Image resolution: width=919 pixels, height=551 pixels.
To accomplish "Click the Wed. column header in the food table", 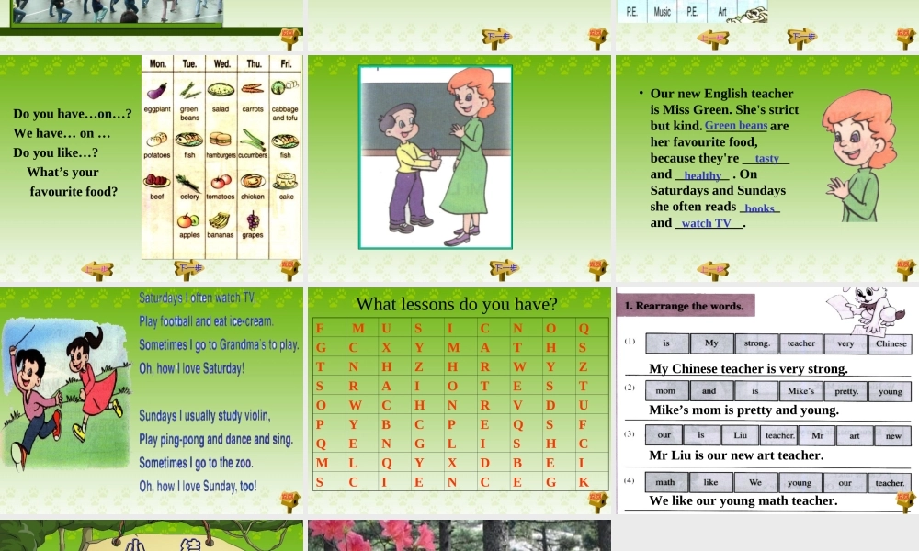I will tap(222, 64).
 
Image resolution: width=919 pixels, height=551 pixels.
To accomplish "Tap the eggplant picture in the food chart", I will tap(158, 90).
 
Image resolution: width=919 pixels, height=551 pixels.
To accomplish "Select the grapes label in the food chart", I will tap(253, 235).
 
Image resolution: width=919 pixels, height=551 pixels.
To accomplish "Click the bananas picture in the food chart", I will tap(219, 219).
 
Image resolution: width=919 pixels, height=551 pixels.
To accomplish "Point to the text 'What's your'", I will tap(62, 172).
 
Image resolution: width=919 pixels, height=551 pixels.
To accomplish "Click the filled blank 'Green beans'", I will tap(736, 126).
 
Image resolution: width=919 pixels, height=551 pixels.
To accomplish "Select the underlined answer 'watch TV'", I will tap(707, 223).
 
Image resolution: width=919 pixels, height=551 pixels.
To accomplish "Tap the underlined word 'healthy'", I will tap(703, 175).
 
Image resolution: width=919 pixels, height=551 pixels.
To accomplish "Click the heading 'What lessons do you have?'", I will tap(457, 304).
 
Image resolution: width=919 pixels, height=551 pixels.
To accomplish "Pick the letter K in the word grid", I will tap(584, 481).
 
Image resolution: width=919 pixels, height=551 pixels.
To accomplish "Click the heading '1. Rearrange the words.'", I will tap(685, 306).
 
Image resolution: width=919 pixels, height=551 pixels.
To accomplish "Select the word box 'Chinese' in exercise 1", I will tap(891, 343).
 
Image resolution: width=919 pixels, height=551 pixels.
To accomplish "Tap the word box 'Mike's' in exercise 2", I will tap(800, 390).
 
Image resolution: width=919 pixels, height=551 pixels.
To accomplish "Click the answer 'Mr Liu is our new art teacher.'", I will tap(736, 455).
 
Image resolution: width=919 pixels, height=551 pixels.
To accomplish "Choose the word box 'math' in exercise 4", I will tap(665, 482).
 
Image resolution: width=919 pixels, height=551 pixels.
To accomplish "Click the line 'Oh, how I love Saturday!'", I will tap(192, 368).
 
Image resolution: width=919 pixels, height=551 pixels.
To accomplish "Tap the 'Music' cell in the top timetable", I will tap(662, 12).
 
